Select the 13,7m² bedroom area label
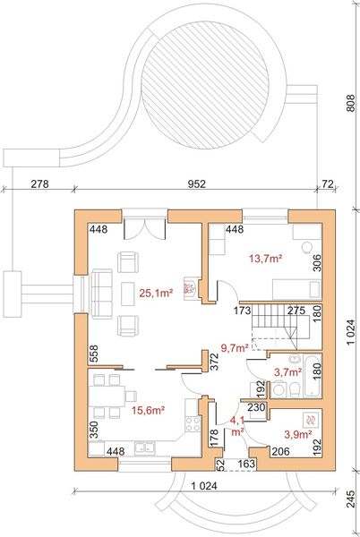(x=266, y=259)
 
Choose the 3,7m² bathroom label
(x=286, y=371)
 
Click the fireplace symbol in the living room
(x=188, y=288)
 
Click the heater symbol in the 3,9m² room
(x=310, y=418)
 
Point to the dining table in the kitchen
(x=110, y=394)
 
